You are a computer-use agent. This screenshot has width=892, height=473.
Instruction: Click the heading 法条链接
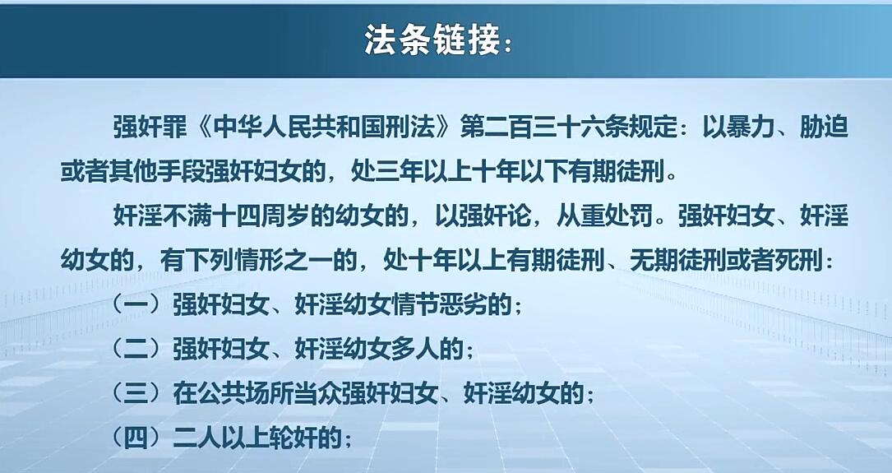tap(432, 40)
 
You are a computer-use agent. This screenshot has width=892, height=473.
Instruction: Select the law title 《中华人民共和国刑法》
tap(323, 128)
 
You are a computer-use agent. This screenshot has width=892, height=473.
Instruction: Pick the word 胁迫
tap(825, 128)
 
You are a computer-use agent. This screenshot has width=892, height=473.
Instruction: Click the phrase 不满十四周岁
tap(211, 216)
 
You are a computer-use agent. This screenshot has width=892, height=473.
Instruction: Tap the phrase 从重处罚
tap(604, 216)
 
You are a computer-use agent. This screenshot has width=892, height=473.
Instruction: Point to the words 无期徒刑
tap(679, 261)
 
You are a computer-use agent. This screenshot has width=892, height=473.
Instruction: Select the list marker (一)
tap(136, 305)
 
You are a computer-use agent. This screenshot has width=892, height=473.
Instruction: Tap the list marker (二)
tap(136, 349)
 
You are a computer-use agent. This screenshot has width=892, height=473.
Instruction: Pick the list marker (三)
tap(136, 393)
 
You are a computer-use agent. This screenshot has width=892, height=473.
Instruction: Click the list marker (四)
tap(136, 438)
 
